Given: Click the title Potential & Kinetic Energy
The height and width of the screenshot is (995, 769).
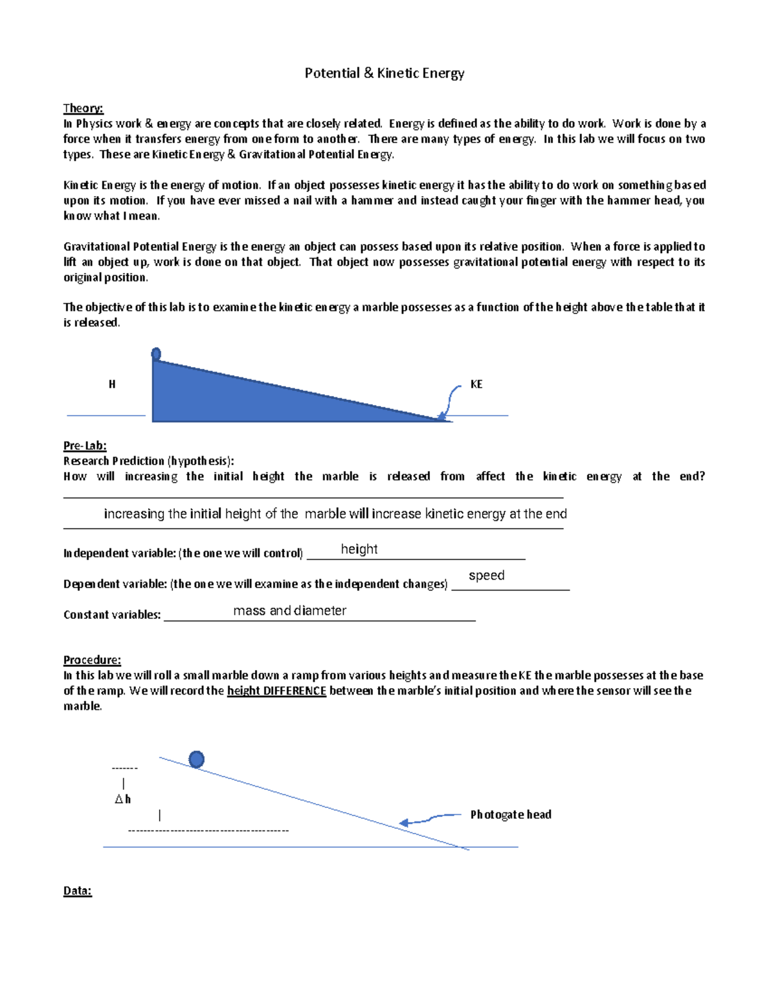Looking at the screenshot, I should (384, 73).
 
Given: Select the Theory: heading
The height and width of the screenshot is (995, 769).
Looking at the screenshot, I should (83, 108).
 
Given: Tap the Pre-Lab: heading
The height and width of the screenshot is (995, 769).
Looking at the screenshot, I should (85, 445).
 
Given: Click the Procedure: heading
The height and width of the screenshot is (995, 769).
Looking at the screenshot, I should (92, 660).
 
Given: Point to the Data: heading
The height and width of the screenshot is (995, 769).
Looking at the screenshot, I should (78, 891).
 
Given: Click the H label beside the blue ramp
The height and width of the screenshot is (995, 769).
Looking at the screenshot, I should (112, 384).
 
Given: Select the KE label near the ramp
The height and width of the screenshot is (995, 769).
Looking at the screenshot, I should (476, 384).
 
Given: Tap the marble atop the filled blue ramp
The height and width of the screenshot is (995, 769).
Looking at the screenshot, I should (156, 354).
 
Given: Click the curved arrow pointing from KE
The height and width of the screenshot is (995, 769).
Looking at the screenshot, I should (451, 400).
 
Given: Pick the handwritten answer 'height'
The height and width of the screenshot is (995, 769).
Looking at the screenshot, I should (359, 549).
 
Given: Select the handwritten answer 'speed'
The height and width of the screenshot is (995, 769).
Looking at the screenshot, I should (486, 575).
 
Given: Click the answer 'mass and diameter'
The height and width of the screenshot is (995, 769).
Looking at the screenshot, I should (290, 611).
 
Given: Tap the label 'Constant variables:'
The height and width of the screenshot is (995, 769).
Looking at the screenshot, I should (112, 615).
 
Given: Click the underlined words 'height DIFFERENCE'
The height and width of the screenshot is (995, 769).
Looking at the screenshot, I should (277, 691).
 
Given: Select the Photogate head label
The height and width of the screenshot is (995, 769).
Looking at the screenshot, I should (511, 814).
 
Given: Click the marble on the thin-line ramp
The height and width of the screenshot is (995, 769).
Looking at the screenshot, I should (197, 759).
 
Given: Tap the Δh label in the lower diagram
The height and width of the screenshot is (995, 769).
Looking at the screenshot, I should (123, 799).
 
